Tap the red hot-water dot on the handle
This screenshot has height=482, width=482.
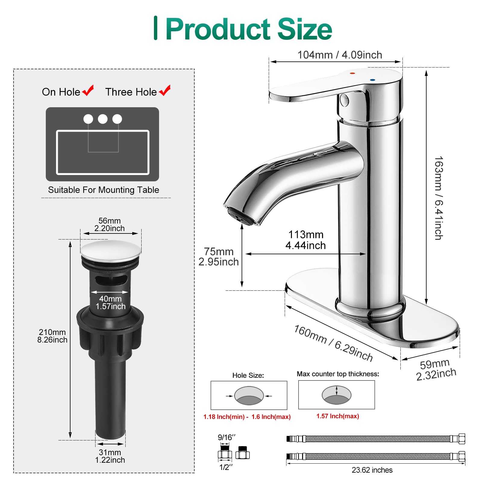pos(353,73)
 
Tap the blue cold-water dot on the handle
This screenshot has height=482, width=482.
pos(373,80)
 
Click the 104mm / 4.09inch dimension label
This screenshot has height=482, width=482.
pos(340,55)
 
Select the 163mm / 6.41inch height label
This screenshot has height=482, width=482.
pos(439,198)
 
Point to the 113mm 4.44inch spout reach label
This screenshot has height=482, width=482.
pos(305,240)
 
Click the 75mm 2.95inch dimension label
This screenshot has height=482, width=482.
pos(218,257)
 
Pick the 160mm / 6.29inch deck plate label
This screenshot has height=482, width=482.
pos(333,343)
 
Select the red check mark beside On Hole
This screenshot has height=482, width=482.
pos(88,90)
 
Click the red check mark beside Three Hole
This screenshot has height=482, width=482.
pos(165,90)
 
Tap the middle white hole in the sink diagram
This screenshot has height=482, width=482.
pos(103,119)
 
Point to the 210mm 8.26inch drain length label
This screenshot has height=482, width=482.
pos(52,336)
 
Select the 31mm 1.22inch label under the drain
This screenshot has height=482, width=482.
pos(110,456)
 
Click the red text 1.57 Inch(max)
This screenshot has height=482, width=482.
pos(337,416)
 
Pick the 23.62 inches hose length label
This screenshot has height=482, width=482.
pos(372,470)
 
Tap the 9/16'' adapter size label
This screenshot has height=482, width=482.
pos(227,437)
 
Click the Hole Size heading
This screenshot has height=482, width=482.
pos(248,375)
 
